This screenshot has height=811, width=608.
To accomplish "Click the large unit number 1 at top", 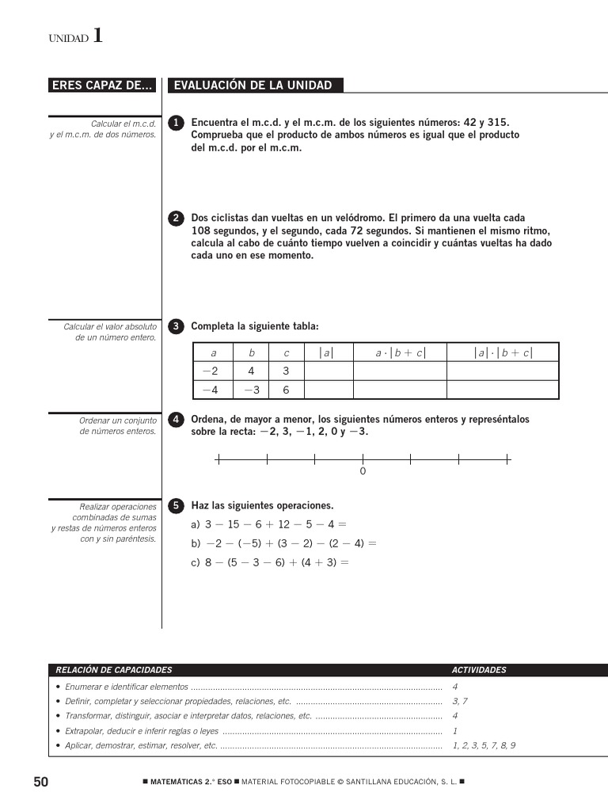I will point(97,36).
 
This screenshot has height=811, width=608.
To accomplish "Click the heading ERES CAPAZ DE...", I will point(102,86).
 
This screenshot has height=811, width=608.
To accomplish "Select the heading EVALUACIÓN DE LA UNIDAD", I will point(253,86).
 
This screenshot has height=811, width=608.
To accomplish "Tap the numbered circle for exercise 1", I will point(177,123).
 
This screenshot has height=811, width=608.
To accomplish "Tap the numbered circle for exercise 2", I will point(177,218).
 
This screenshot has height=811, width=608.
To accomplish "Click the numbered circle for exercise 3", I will point(177,326).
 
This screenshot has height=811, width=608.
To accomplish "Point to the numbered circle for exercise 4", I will point(177,420).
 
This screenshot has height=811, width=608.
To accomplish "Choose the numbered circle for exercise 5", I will point(177,505).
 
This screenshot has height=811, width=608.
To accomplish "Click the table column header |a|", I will point(327,353).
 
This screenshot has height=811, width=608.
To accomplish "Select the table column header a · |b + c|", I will point(400,353).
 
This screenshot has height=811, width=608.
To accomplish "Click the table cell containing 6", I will point(286,390).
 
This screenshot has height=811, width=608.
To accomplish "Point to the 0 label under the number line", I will point(363,472).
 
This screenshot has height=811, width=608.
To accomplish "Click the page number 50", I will point(41,782).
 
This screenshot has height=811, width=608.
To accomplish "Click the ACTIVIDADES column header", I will point(478,670).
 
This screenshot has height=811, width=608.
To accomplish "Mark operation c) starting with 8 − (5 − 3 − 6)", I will point(269,563).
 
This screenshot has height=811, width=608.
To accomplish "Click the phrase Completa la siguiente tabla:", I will point(254,326).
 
